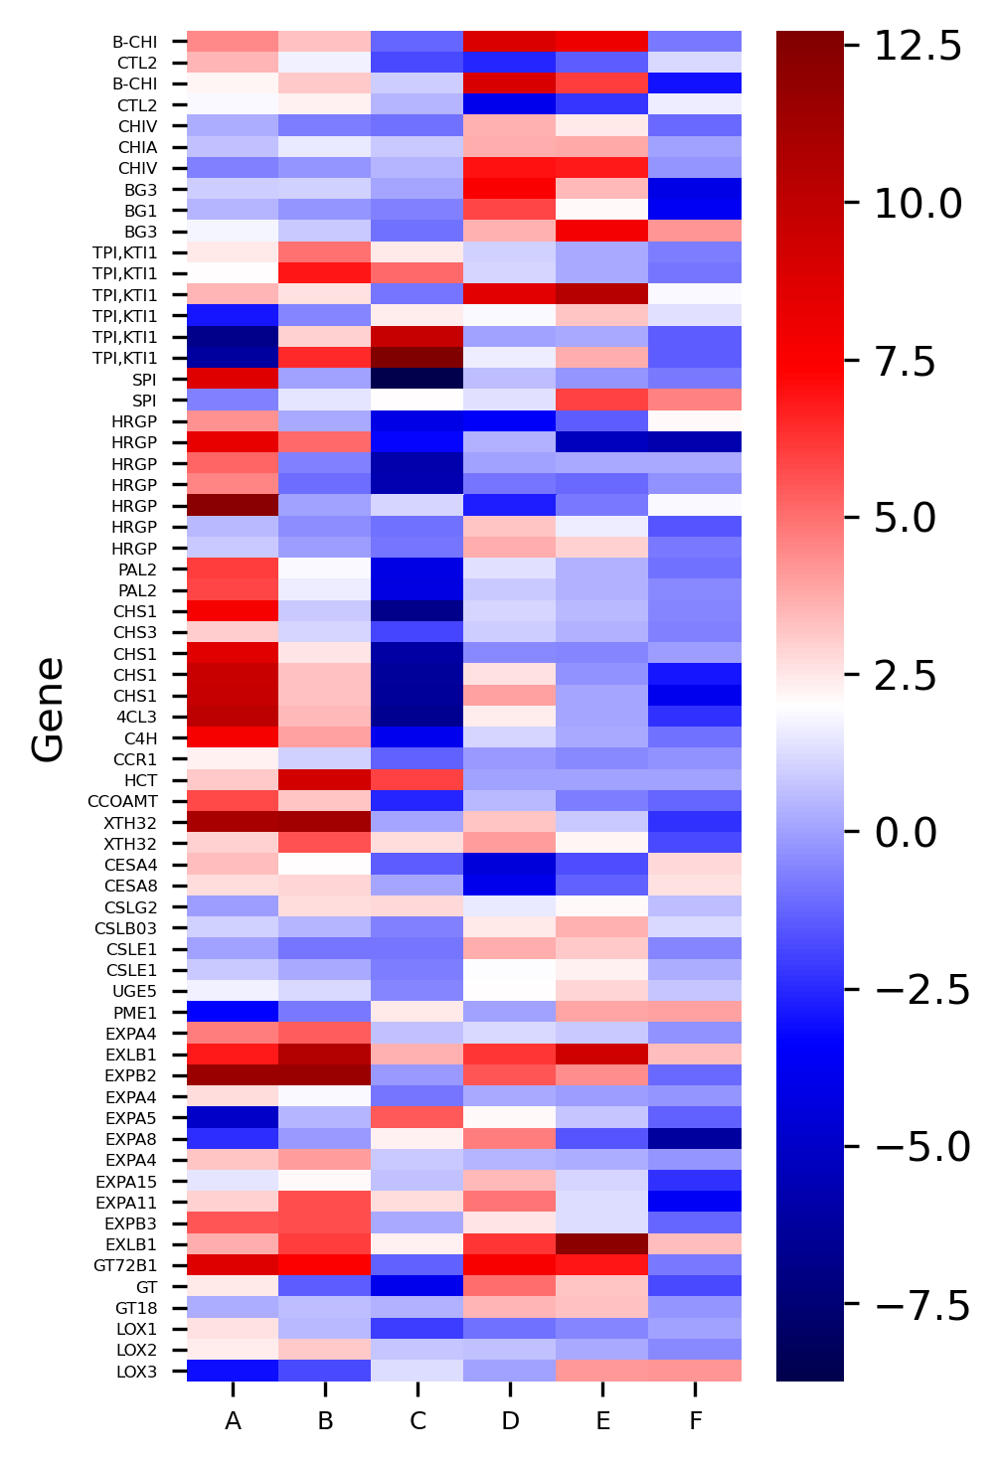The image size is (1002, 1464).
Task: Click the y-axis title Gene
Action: coord(48,709)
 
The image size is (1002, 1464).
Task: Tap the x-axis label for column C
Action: coord(417,1421)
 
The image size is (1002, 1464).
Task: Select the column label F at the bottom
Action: coord(695,1421)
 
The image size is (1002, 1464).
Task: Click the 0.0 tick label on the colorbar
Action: coord(906,832)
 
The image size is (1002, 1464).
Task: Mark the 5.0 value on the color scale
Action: coord(906,518)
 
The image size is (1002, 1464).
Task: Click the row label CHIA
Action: coord(137,147)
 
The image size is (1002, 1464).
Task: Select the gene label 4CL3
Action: coord(137,717)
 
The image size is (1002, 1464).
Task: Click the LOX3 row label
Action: coord(137,1372)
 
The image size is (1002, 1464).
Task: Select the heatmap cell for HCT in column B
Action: coord(325,780)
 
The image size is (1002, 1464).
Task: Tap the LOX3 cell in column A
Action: coord(233,1371)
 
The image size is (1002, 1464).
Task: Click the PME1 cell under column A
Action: coord(233,1012)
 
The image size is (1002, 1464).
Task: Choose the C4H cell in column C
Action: coord(417,737)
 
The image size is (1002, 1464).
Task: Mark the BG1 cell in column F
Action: coord(695,211)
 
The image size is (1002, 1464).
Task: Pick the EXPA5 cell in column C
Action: coord(417,1117)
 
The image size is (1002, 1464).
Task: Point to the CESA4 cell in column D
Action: coord(510,865)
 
